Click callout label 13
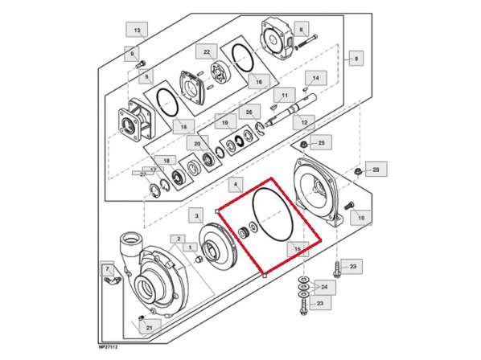pyautogui.click(x=137, y=31)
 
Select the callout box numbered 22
pyautogui.click(x=207, y=53)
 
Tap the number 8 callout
pyautogui.click(x=301, y=30)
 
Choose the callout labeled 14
pyautogui.click(x=315, y=79)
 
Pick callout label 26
pyautogui.click(x=249, y=112)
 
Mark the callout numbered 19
pyautogui.click(x=224, y=124)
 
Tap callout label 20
pyautogui.click(x=196, y=143)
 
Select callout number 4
pyautogui.click(x=236, y=185)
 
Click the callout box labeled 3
pyautogui.click(x=196, y=216)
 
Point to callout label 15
pyautogui.click(x=298, y=250)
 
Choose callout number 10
pyautogui.click(x=360, y=218)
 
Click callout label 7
pyautogui.click(x=105, y=268)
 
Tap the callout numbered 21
pyautogui.click(x=149, y=328)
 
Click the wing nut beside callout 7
pyautogui.click(x=110, y=283)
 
